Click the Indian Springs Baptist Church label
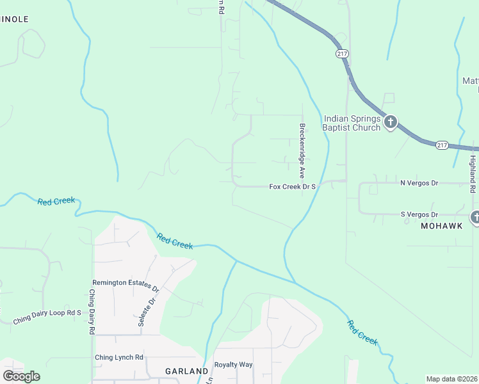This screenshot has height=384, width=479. tap(352, 123)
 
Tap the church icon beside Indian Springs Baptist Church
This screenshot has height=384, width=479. tap(391, 122)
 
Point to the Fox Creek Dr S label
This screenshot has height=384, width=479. tap(293, 186)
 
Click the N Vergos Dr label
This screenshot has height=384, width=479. tap(419, 183)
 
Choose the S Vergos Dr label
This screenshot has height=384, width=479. tap(419, 214)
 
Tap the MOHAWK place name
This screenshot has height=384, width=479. tap(441, 226)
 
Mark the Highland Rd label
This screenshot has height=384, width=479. tap(473, 173)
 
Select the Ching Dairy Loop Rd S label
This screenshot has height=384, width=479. tap(48, 312)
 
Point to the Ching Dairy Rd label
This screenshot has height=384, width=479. tap(92, 312)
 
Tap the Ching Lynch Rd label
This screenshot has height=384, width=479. tap(119, 357)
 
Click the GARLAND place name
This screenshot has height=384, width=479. tap(186, 371)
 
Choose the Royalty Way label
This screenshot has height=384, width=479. tap(233, 365)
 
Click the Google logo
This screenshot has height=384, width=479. tap(22, 376)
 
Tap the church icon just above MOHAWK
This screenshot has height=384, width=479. tap(475, 217)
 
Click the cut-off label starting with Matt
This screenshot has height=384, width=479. tap(471, 81)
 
